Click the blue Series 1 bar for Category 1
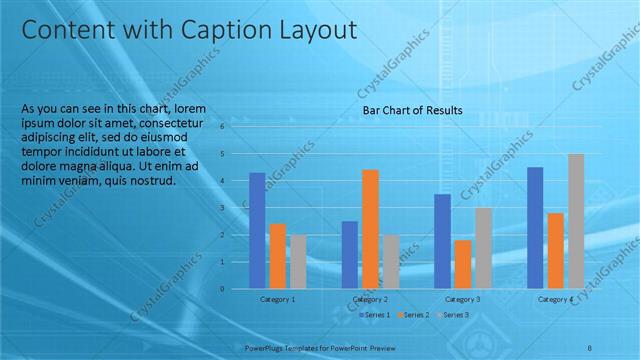click(257, 230)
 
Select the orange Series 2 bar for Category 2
click(370, 228)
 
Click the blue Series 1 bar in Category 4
click(535, 227)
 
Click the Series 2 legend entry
click(415, 315)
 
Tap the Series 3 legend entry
click(455, 315)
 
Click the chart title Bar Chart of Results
click(412, 109)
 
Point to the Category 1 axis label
click(278, 299)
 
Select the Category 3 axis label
click(463, 299)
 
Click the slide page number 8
click(590, 346)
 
